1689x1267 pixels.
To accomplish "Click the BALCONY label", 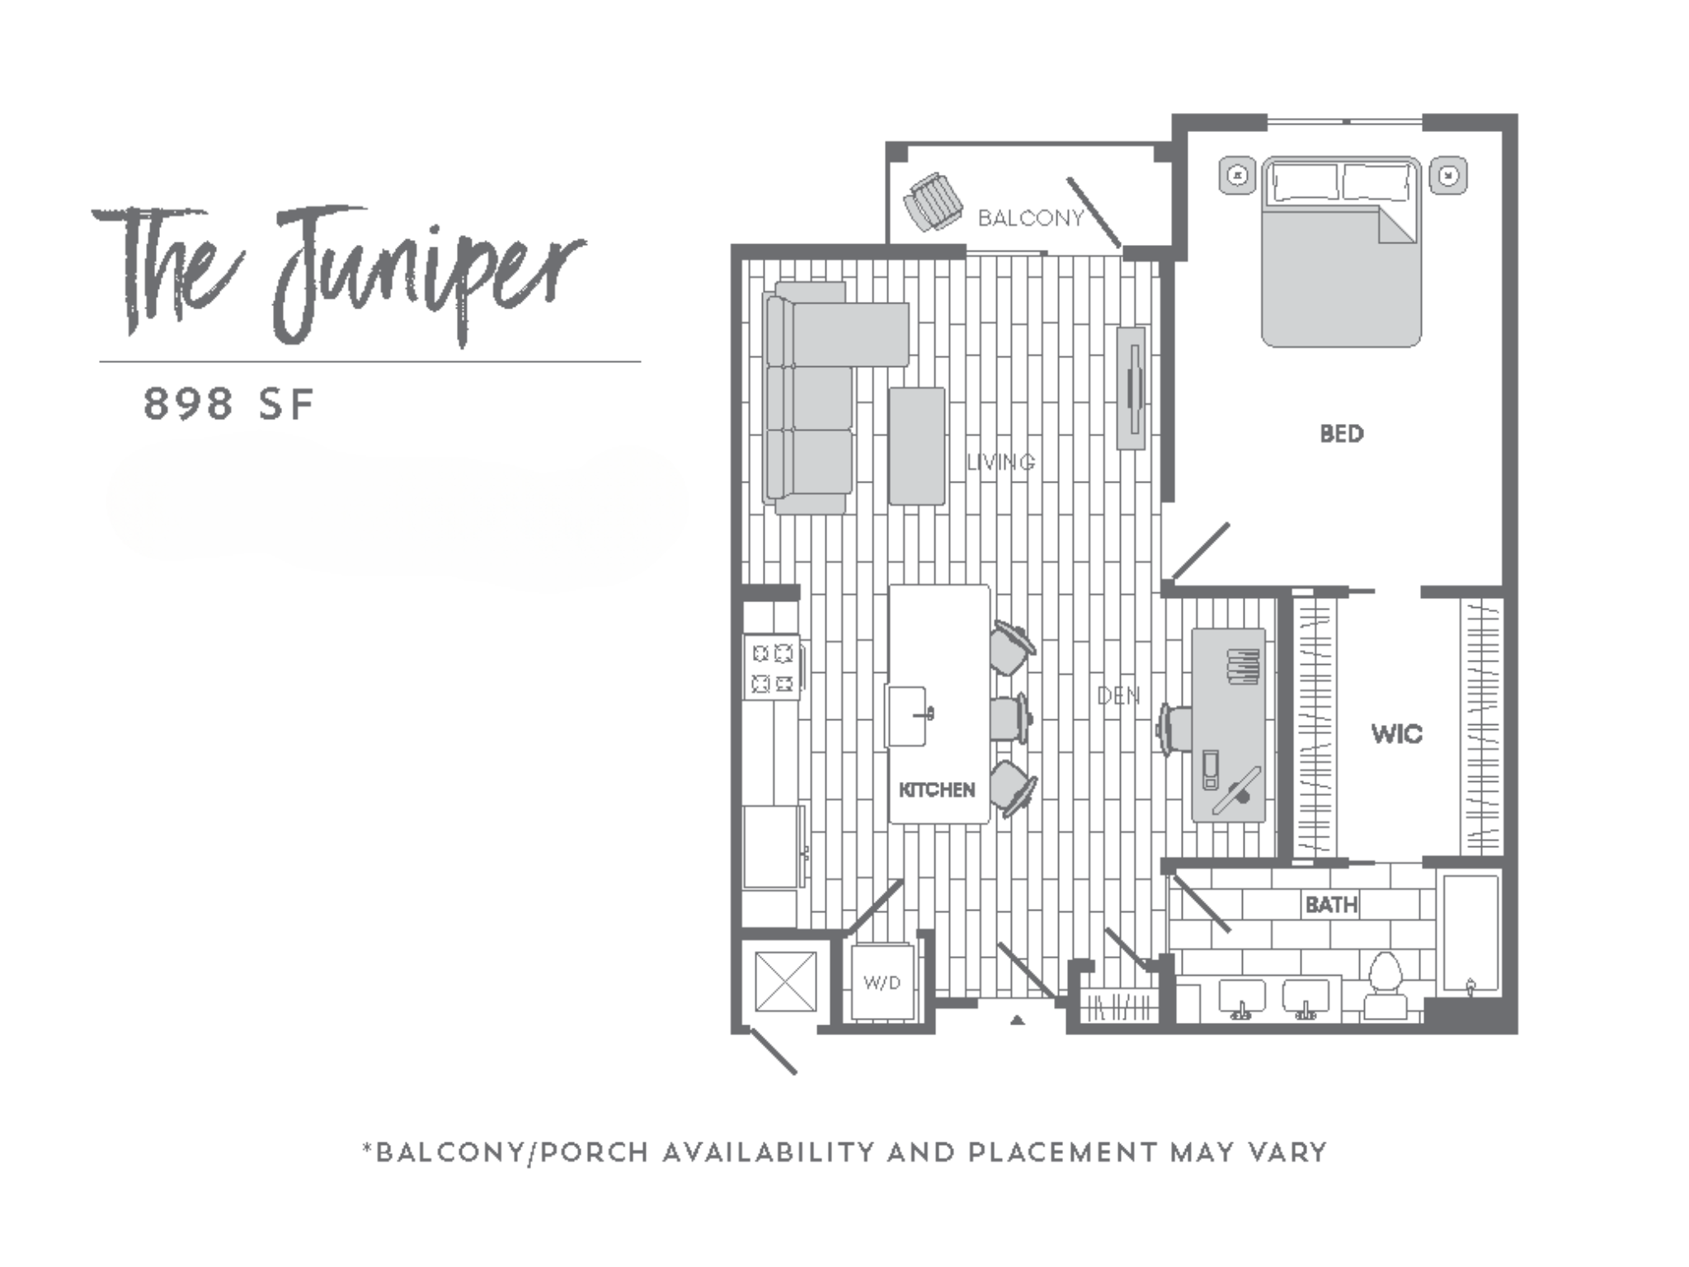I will click(1030, 219).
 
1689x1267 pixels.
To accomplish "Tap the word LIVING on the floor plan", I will click(1000, 462).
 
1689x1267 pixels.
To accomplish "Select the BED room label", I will click(1341, 434).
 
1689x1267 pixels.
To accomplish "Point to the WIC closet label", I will click(1396, 733).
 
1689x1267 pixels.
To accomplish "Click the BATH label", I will click(1331, 905).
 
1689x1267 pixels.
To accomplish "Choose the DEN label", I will click(1118, 696).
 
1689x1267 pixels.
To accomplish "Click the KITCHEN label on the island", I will click(937, 790).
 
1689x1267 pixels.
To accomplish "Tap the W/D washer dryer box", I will click(882, 982).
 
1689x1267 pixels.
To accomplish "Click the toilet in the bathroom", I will click(1385, 985).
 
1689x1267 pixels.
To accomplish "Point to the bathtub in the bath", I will click(1470, 933).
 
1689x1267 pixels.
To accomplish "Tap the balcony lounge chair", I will click(934, 200).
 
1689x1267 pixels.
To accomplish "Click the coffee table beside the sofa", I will click(916, 446).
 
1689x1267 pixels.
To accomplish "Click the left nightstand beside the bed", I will click(1237, 176).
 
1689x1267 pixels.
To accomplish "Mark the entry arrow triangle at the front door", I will click(1018, 1020).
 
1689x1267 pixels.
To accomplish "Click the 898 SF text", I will click(228, 404).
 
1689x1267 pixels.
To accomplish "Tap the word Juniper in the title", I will click(429, 272).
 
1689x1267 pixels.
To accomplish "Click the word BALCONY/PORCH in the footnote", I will click(511, 1152).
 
